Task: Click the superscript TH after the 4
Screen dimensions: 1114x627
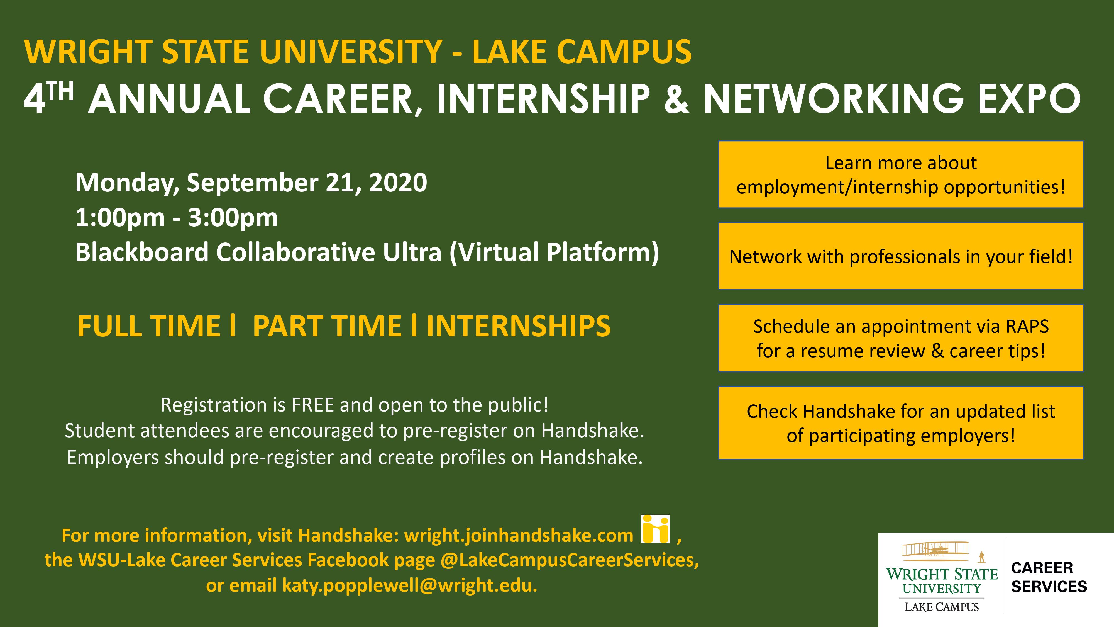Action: [60, 91]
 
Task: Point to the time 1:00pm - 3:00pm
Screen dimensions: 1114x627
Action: [177, 218]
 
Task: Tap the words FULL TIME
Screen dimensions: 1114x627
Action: [149, 326]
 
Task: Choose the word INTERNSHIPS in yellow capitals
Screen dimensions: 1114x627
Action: [519, 326]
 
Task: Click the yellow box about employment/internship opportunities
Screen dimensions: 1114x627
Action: [901, 174]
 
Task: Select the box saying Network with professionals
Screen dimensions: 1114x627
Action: [901, 256]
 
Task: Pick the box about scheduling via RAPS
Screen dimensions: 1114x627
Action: [901, 338]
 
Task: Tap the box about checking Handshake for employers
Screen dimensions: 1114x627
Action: [901, 423]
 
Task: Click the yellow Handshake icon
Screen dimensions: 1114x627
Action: [656, 528]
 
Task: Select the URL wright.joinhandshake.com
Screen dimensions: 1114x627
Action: [519, 536]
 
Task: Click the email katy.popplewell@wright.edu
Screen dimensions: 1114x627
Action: [409, 585]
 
